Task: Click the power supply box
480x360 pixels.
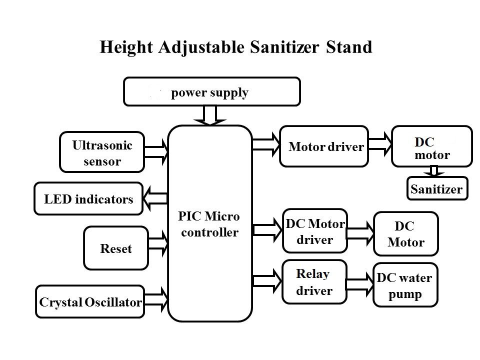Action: [x=212, y=91]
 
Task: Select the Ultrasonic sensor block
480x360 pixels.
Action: [x=102, y=152]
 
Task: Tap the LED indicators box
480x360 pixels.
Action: [x=88, y=198]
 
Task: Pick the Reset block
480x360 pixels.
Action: [x=116, y=248]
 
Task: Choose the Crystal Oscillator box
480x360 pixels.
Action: [x=90, y=302]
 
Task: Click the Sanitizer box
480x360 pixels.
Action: [x=437, y=188]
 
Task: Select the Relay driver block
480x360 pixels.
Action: [x=314, y=282]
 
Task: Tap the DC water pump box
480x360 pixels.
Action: [x=405, y=285]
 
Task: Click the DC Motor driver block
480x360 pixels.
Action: [x=315, y=231]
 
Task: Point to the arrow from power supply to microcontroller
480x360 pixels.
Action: [x=210, y=115]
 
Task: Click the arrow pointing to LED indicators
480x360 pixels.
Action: [x=155, y=198]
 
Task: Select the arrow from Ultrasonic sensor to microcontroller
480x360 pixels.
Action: [x=156, y=152]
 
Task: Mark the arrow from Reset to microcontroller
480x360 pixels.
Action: [x=158, y=244]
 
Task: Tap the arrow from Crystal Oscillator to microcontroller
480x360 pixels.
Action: [x=156, y=299]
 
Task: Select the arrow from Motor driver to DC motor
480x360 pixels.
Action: [x=380, y=144]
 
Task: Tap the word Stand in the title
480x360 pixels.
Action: [x=349, y=47]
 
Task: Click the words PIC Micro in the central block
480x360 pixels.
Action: [x=209, y=216]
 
